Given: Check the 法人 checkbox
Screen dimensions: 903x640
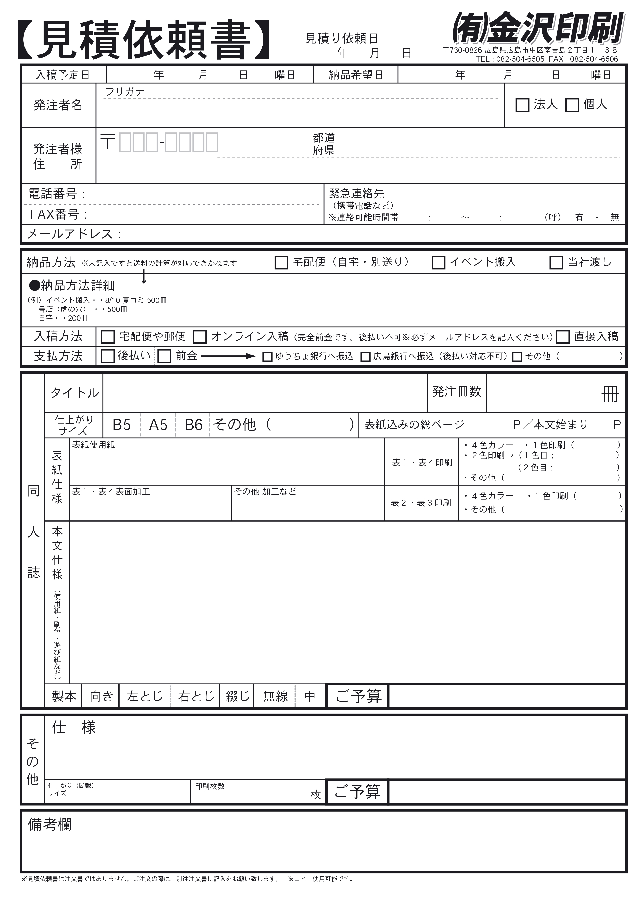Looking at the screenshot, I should click(522, 105).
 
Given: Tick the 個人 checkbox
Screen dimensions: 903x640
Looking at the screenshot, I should click(572, 105).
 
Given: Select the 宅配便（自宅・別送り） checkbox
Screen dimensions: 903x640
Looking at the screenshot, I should click(281, 263).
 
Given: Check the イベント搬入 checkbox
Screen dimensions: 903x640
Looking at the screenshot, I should click(438, 263).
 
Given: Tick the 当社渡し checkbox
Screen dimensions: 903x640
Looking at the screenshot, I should click(556, 263).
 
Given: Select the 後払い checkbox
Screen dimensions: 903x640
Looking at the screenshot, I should click(108, 357).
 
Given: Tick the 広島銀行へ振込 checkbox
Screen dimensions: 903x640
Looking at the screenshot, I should click(365, 357).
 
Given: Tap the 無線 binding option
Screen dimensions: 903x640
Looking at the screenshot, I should click(275, 696).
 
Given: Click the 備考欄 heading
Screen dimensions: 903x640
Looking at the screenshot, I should click(50, 824).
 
